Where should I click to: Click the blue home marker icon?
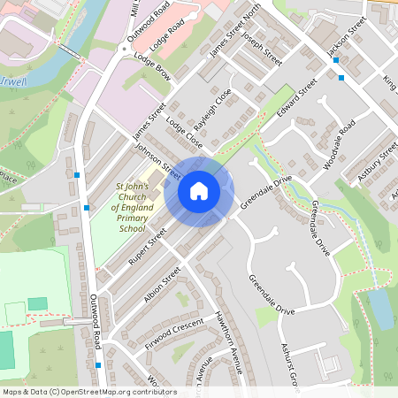199,191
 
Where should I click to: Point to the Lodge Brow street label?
152,67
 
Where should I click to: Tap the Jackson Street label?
346,41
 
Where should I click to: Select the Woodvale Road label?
339,142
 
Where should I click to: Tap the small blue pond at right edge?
381,309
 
